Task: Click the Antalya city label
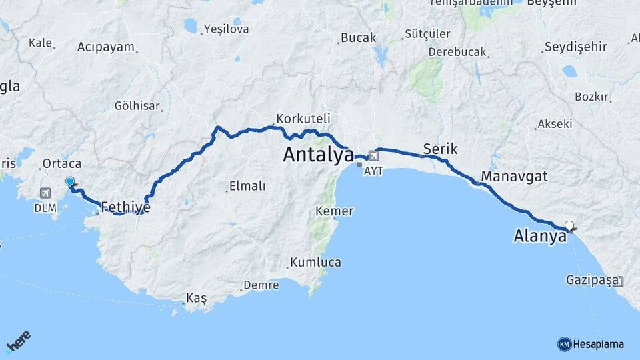[318, 154]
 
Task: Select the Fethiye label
[125, 207]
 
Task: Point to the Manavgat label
[514, 177]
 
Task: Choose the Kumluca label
[315, 262]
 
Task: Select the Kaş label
[197, 299]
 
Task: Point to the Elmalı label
[247, 186]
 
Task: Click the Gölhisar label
[137, 106]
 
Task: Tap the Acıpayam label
[106, 47]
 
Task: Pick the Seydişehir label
[575, 47]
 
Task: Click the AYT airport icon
[373, 156]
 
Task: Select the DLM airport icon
[46, 193]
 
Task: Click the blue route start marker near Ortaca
[70, 181]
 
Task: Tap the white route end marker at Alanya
[569, 225]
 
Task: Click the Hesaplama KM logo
[591, 344]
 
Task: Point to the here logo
[19, 342]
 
